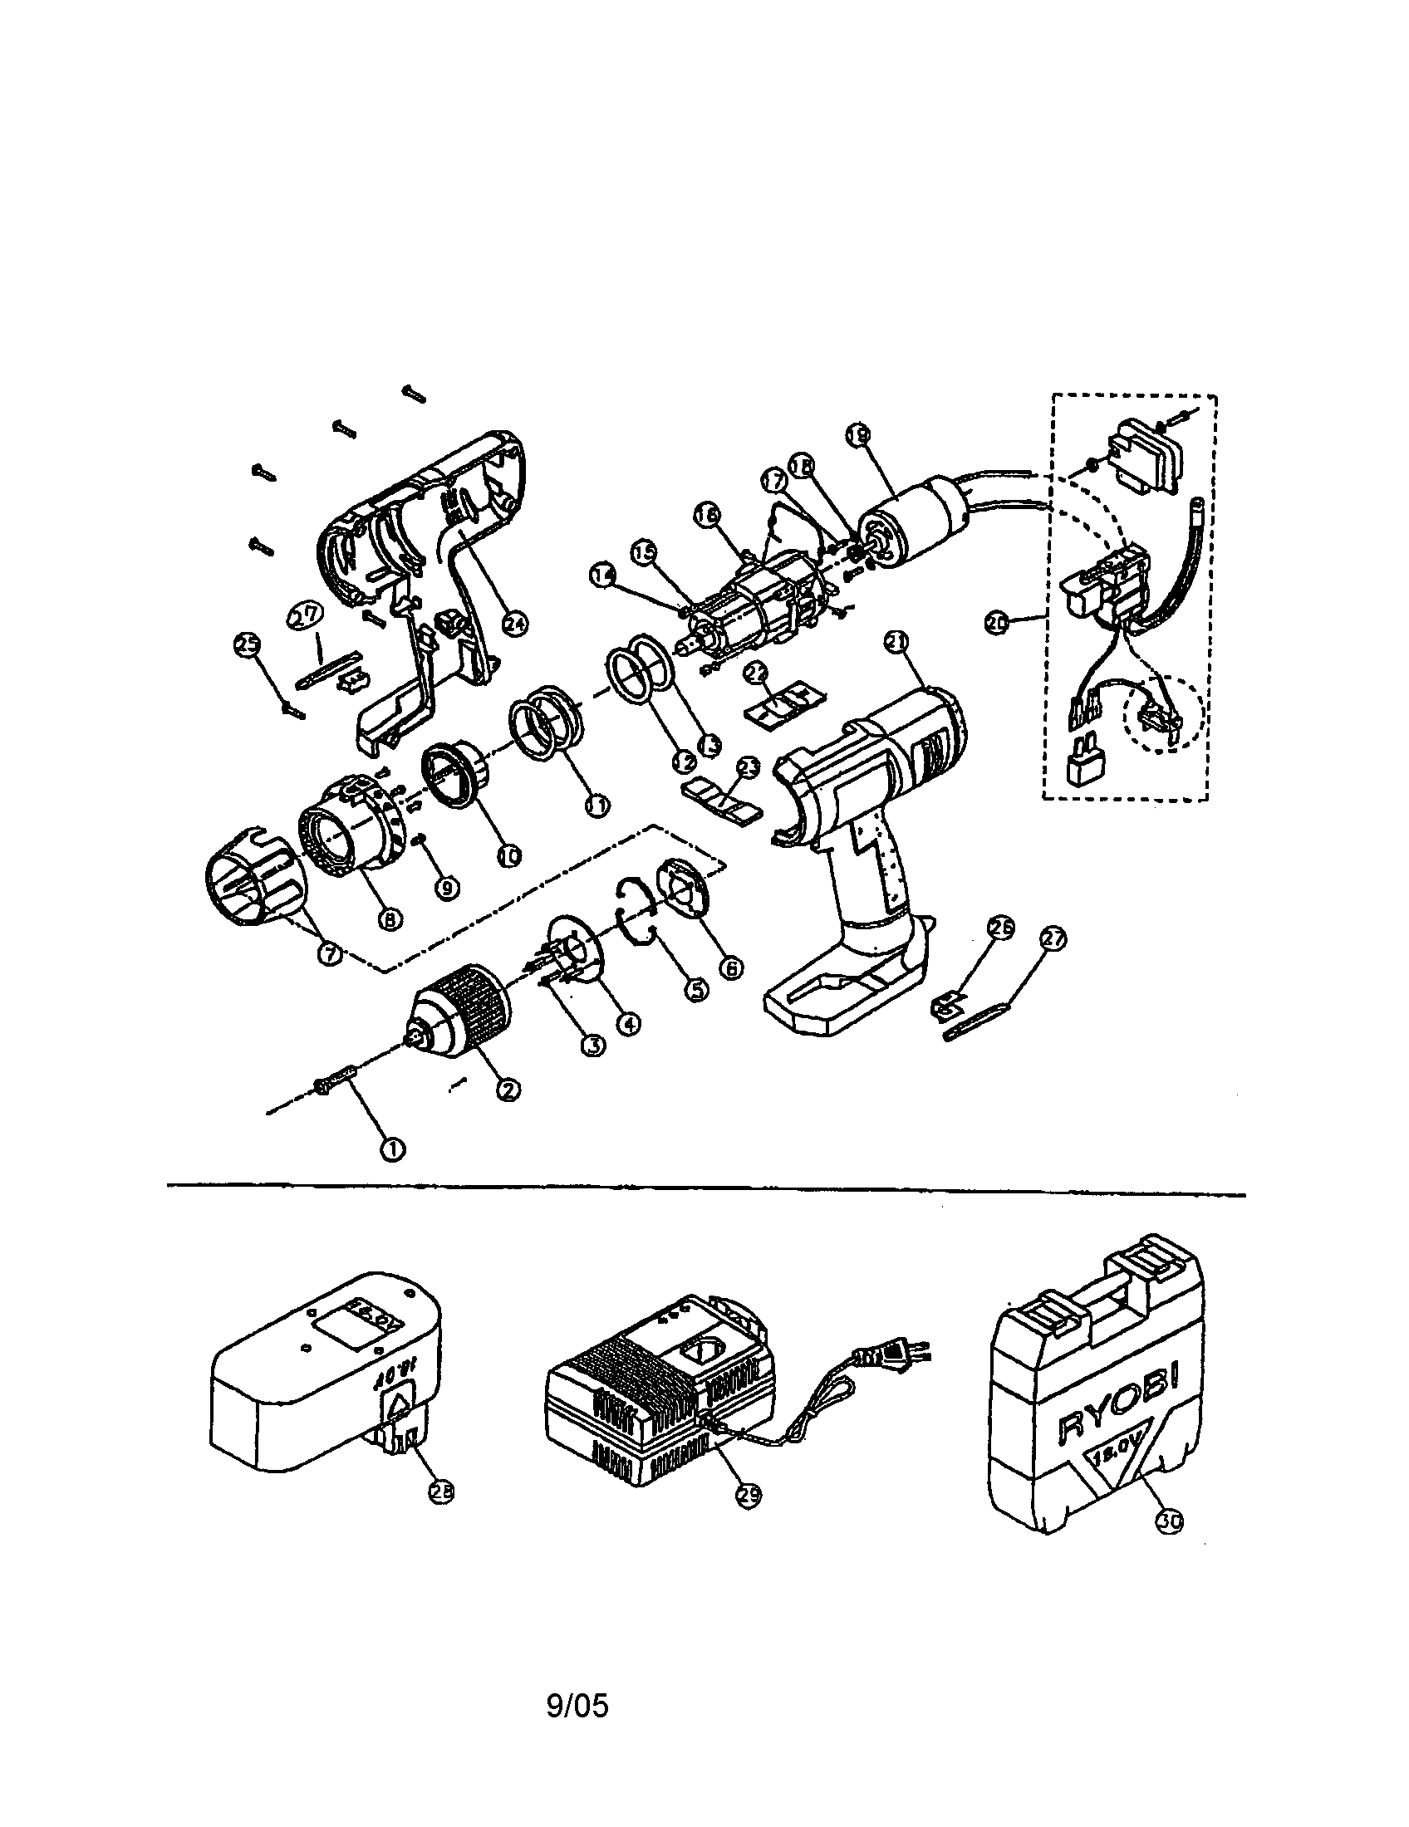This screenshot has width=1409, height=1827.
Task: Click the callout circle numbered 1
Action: pyautogui.click(x=392, y=1149)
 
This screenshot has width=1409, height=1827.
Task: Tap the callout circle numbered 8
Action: pyautogui.click(x=389, y=919)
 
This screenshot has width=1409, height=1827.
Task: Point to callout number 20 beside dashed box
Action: pyautogui.click(x=994, y=622)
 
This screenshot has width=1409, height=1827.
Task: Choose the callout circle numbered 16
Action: pyautogui.click(x=707, y=519)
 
